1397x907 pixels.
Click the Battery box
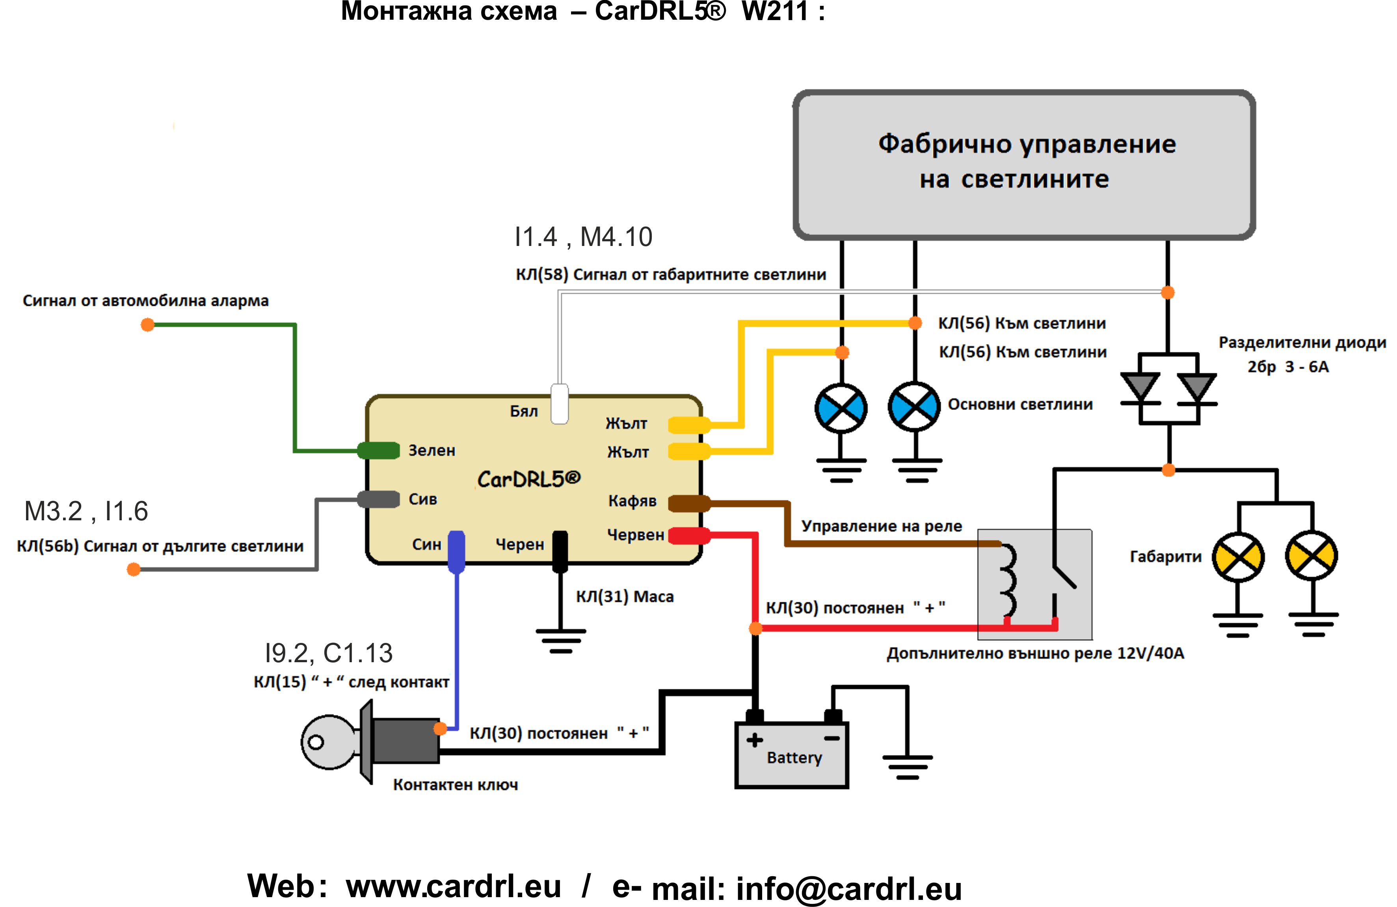(792, 755)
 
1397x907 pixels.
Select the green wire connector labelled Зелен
(379, 450)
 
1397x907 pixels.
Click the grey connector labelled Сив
(379, 499)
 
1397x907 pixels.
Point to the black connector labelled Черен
(560, 551)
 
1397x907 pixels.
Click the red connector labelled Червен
(690, 535)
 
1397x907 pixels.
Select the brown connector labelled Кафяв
(690, 503)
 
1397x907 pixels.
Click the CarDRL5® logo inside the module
(529, 479)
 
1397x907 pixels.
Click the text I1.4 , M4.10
(583, 237)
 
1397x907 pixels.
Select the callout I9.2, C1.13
(329, 653)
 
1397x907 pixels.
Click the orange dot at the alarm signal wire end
(147, 325)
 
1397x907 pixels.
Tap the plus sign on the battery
(755, 740)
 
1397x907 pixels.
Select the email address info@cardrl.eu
(849, 889)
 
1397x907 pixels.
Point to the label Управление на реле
(882, 526)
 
